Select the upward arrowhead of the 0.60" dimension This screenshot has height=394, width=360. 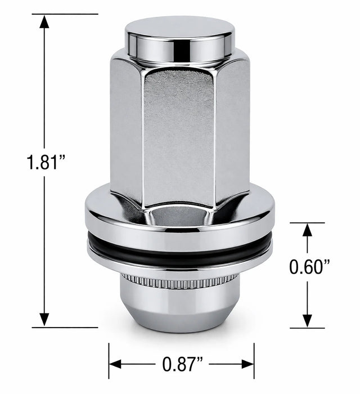click(307, 230)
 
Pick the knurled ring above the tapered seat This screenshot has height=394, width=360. click(180, 280)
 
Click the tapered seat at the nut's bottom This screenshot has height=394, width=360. click(180, 307)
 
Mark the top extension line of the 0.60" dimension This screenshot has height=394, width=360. click(307, 223)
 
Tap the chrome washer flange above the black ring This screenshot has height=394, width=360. click(180, 222)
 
